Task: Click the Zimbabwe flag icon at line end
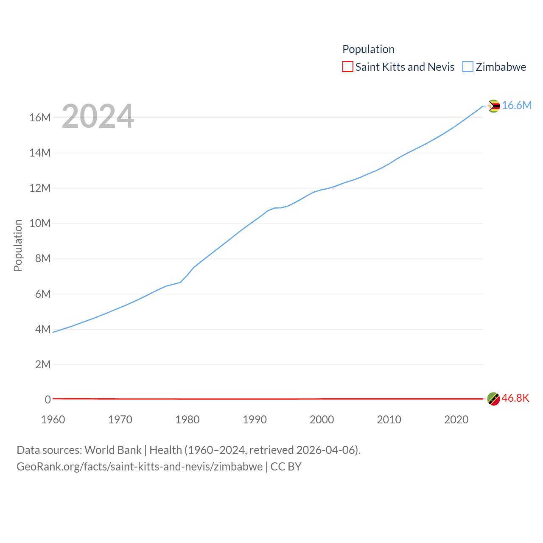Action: [x=493, y=106]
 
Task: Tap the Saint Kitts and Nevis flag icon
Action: [x=493, y=399]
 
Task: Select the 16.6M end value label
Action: [x=517, y=106]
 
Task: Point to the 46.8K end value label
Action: [x=515, y=398]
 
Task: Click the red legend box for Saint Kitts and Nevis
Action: [x=347, y=67]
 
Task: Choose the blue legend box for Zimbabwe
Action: [x=467, y=67]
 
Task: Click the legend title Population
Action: [x=368, y=49]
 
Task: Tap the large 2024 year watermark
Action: [x=98, y=116]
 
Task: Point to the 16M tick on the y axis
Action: [x=40, y=118]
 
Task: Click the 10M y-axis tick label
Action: [x=40, y=223]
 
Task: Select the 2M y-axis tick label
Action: [x=43, y=364]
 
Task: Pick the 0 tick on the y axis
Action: [x=48, y=400]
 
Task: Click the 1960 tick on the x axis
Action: [x=53, y=420]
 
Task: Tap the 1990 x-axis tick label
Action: [x=255, y=420]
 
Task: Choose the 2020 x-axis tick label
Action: [x=456, y=420]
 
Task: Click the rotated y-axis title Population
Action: [x=18, y=245]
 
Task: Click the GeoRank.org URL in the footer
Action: [x=140, y=467]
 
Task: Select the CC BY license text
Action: [x=286, y=467]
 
